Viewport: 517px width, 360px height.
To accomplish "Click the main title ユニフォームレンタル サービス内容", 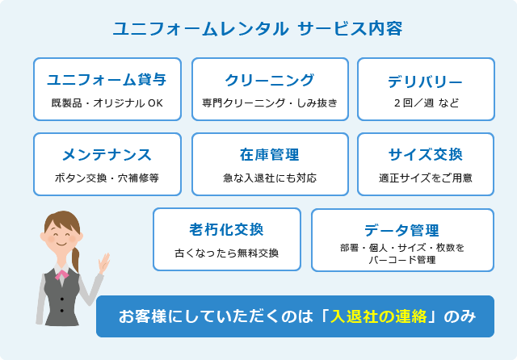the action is (258, 29).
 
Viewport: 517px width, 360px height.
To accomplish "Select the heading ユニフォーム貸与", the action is (107, 80).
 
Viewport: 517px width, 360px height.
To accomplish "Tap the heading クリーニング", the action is (270, 80).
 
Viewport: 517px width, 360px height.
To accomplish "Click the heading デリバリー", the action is (426, 82).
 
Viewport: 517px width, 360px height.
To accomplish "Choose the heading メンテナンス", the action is (107, 155).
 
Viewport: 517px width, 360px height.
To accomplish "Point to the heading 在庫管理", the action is (270, 155).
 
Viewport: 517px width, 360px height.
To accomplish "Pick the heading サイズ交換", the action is (426, 154).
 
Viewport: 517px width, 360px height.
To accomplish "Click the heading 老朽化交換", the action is (226, 229).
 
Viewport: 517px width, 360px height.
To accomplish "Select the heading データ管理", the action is (401, 230).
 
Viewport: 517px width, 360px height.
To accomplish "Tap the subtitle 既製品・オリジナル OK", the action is (107, 103).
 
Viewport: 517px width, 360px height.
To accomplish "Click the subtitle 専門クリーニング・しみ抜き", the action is (270, 103).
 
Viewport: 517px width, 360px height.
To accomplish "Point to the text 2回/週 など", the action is (426, 103).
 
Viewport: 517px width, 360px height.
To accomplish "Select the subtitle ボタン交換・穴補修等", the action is (107, 178).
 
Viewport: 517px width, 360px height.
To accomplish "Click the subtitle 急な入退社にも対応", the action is (270, 178).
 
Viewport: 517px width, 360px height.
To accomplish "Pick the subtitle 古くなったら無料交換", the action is (226, 253).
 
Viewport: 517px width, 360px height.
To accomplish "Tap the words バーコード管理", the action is (402, 260).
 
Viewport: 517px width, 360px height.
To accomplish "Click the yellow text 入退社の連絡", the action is (379, 316).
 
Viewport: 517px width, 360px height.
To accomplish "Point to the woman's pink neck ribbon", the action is (61, 274).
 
